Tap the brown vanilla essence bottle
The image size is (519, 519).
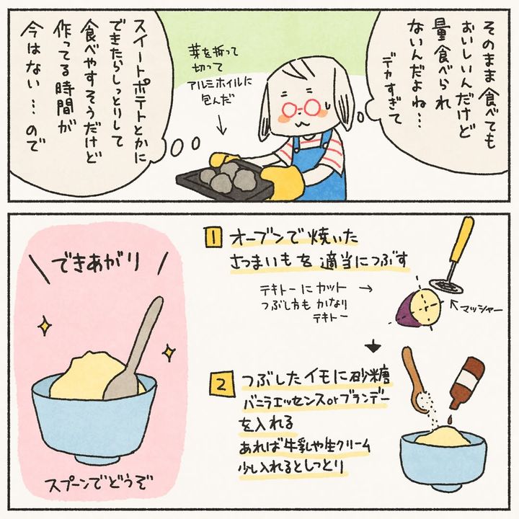tap(467, 381)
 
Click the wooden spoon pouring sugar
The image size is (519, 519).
tap(416, 381)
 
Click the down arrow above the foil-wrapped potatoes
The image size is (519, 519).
tap(222, 125)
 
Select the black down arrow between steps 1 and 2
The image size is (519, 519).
tap(373, 346)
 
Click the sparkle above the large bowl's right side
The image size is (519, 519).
tap(169, 352)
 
